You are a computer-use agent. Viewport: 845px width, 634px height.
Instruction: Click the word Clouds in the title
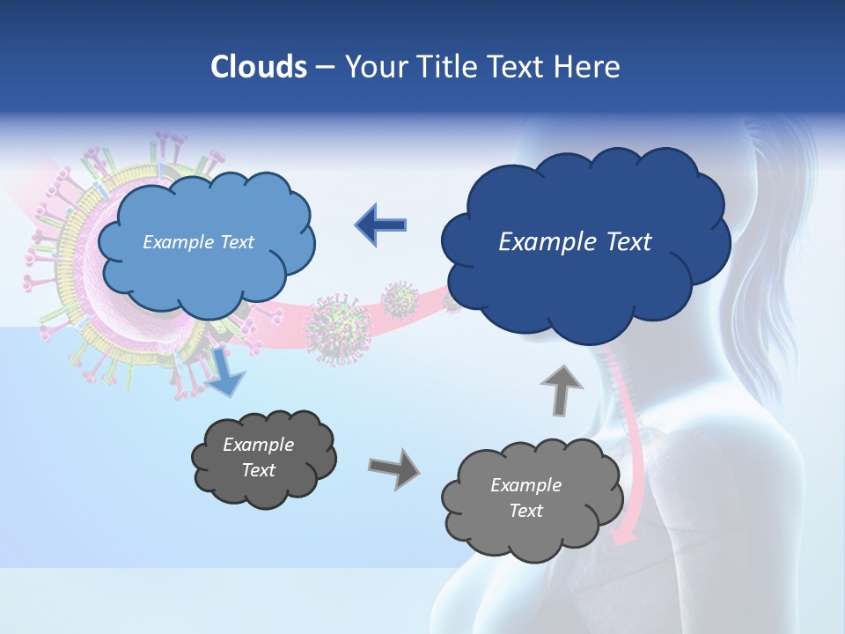(x=259, y=67)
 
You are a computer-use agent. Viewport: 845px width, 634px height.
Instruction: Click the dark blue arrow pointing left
(x=381, y=225)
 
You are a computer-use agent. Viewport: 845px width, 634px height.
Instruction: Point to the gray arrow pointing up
(x=561, y=388)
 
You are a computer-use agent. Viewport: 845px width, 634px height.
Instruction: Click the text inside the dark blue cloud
(x=575, y=242)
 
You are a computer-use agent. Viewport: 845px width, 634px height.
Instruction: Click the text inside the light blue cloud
(x=198, y=242)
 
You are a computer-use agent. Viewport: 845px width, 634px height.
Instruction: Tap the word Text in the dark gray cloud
(x=259, y=470)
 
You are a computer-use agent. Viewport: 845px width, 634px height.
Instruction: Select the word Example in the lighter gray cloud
(x=525, y=485)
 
